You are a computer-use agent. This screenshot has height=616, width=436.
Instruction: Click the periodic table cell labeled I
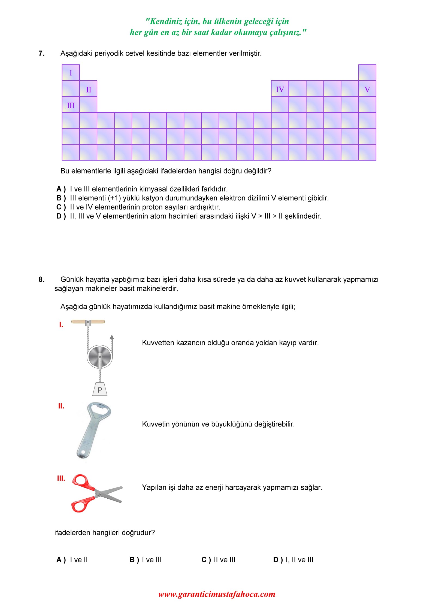[x=71, y=73]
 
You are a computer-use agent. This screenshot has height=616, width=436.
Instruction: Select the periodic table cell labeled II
[x=88, y=89]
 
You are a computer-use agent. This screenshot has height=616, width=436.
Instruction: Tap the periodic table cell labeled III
[x=71, y=105]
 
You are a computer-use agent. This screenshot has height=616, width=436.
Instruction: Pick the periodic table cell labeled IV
[x=280, y=89]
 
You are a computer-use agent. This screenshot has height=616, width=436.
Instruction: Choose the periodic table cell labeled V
[x=367, y=89]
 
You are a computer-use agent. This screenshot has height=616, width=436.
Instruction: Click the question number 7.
[x=41, y=53]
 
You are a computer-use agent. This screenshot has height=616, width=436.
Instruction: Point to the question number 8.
[x=41, y=279]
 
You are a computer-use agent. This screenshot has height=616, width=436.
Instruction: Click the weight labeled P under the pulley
[x=100, y=389]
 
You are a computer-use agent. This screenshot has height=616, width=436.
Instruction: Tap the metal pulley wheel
[x=100, y=356]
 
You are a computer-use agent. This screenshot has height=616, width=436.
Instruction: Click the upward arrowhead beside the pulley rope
[x=112, y=337]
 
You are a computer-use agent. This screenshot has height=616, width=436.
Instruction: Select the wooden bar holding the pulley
[x=88, y=322]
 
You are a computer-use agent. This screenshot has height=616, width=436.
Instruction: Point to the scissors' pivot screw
[x=100, y=493]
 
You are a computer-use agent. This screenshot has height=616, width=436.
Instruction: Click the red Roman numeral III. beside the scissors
[x=61, y=478]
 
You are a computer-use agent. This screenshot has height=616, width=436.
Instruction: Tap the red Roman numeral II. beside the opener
[x=61, y=406]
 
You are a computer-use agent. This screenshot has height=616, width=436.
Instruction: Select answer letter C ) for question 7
[x=61, y=207]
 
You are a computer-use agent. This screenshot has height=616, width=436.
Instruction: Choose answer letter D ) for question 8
[x=278, y=560]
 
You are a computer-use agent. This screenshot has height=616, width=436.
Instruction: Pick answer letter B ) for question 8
[x=134, y=560]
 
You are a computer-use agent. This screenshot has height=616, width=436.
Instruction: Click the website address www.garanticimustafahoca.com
[x=217, y=594]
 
